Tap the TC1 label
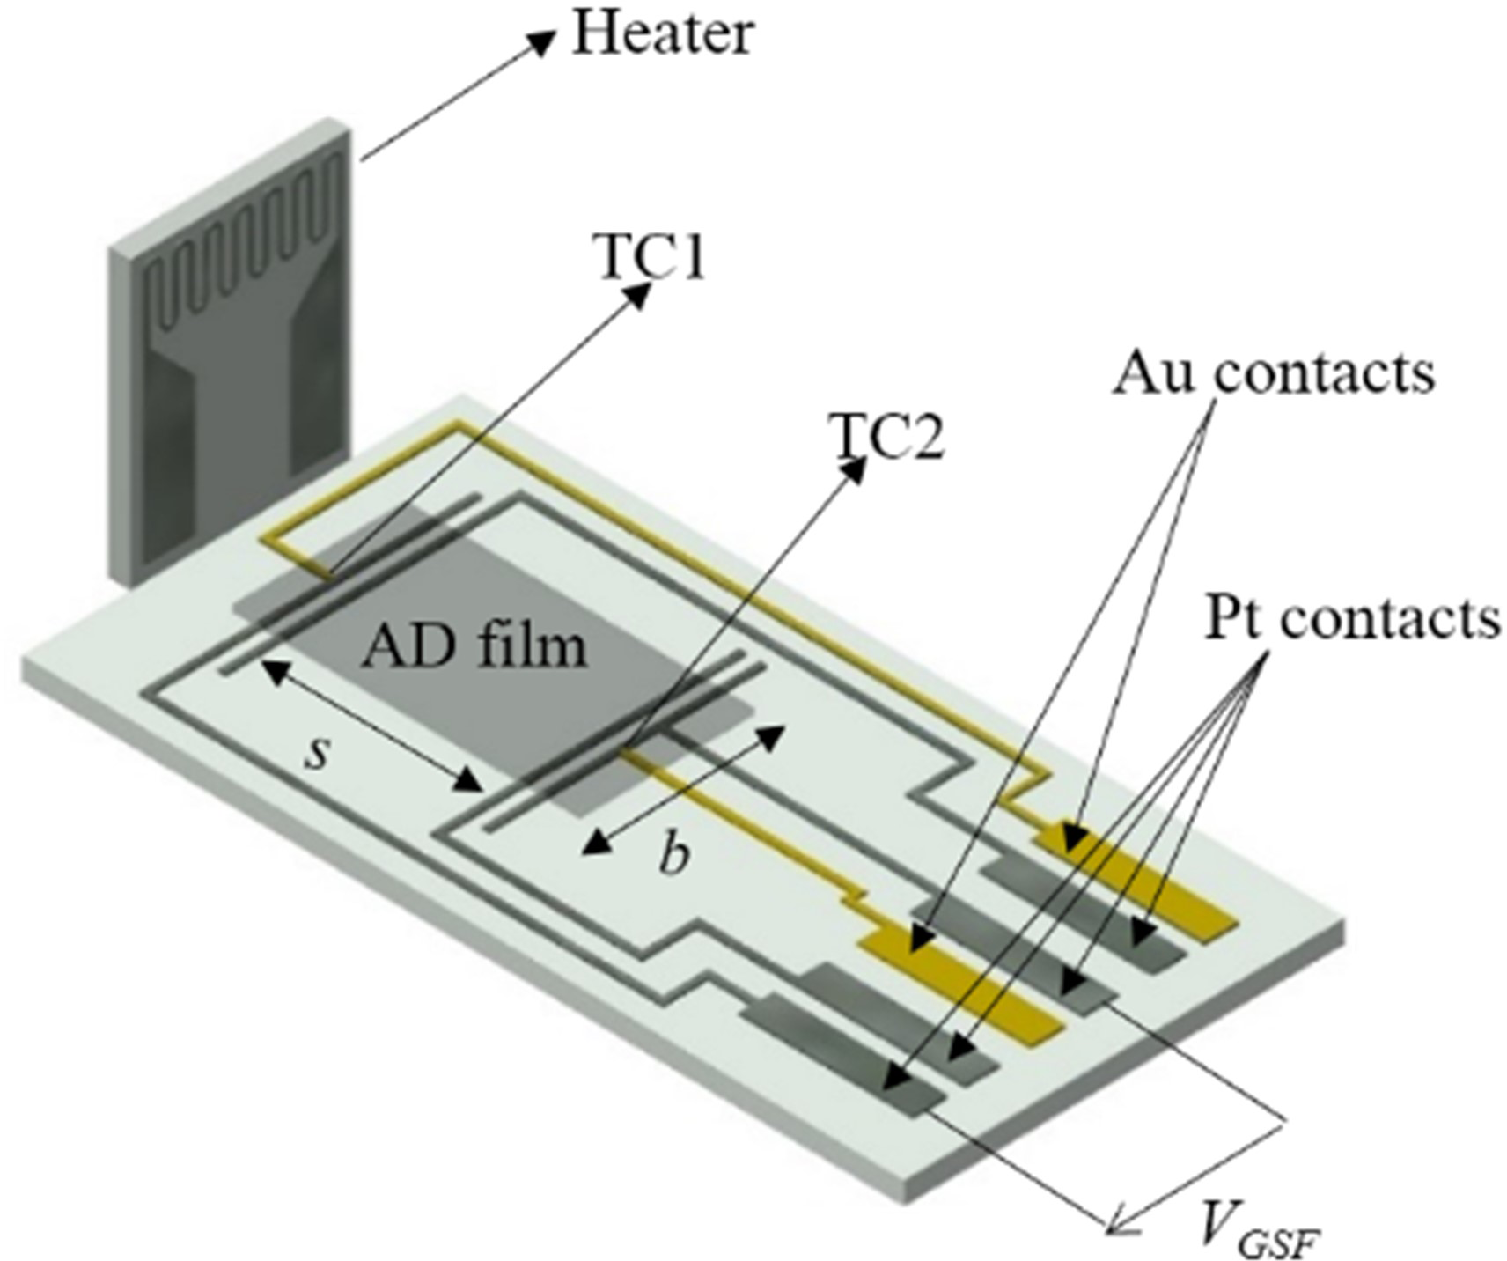pyautogui.click(x=651, y=258)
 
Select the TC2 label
pyautogui.click(x=887, y=437)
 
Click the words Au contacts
pyautogui.click(x=1273, y=373)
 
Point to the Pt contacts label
pyautogui.click(x=1352, y=618)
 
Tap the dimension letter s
pyautogui.click(x=317, y=753)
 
